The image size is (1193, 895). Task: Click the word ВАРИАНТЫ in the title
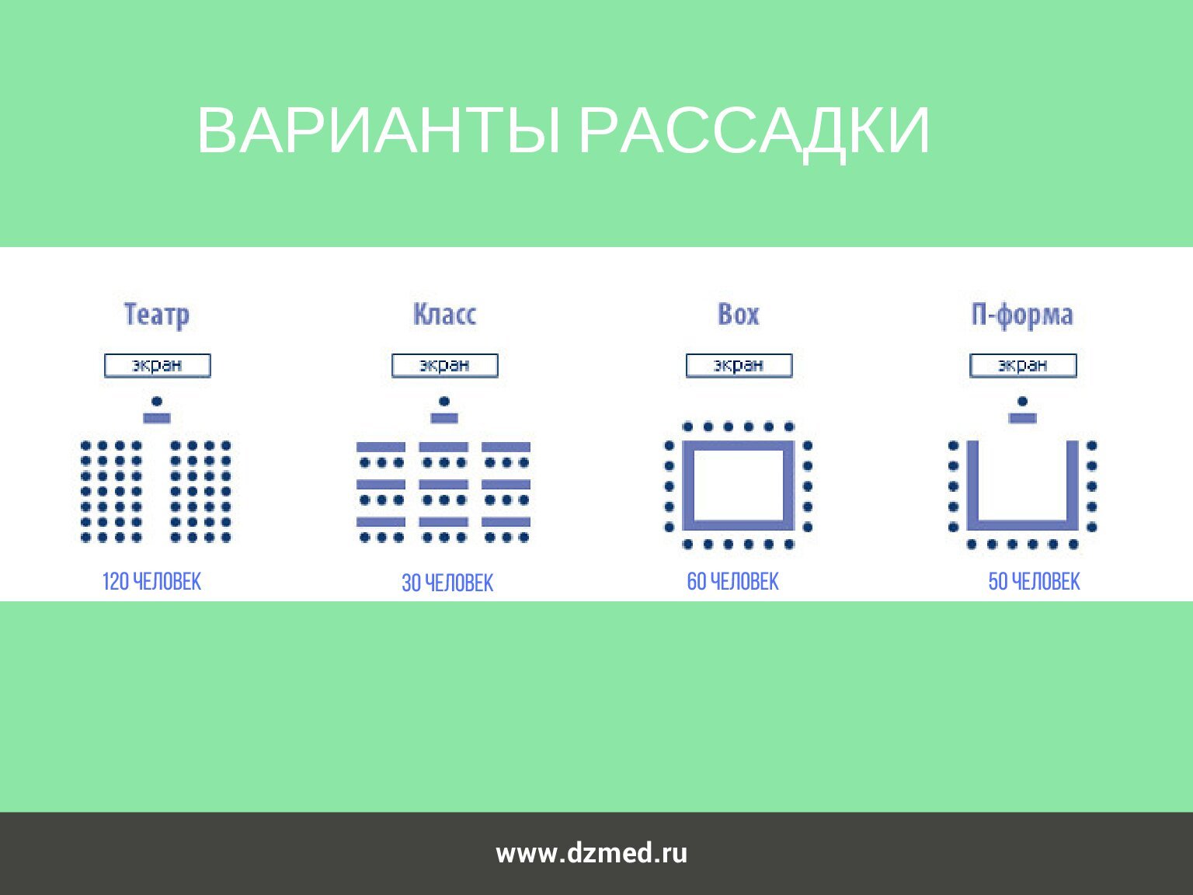coord(378,131)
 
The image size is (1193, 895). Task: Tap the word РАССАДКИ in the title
coord(754,132)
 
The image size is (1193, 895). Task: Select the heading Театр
coord(157,315)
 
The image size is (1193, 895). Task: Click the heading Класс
coord(444,314)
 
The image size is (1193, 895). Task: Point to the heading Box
coord(738,314)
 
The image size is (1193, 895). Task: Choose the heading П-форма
coord(1022,315)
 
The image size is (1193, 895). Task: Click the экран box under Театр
coord(157,365)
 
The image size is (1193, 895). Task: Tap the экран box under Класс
coord(444,365)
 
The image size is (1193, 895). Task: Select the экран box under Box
coord(739,365)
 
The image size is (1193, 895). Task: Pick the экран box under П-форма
coord(1023,365)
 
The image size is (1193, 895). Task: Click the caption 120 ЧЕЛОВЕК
coord(151,581)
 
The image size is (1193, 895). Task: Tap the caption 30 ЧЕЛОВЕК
coord(447,583)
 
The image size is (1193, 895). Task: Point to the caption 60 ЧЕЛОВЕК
coord(732,581)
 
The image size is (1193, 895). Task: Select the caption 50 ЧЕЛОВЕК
coord(1034,581)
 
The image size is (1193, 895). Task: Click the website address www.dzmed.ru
coord(591,854)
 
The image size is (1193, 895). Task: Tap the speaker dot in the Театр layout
coord(157,402)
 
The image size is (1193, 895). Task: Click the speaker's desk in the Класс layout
coord(444,418)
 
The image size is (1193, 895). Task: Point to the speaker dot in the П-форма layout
coord(1022,402)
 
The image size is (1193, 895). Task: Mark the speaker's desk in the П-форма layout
coord(1022,418)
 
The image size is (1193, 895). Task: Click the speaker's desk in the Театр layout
coord(157,418)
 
